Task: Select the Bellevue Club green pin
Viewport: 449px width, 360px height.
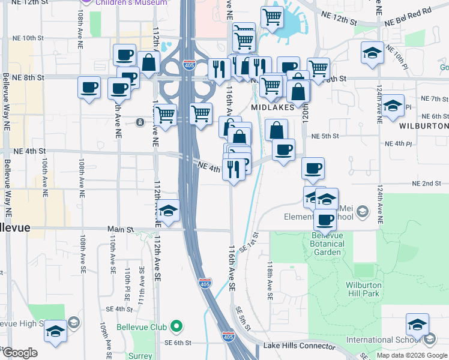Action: click(176, 326)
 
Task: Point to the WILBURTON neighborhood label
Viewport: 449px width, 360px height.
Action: click(424, 126)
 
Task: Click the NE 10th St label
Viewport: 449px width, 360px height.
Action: click(28, 38)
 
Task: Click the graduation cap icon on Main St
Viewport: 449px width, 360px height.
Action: click(169, 211)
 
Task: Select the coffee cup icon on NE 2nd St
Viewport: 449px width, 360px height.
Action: click(312, 169)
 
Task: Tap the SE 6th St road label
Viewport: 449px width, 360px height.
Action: click(178, 343)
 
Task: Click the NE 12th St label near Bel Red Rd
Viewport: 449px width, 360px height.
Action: click(339, 20)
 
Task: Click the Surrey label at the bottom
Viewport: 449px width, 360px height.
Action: click(140, 356)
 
